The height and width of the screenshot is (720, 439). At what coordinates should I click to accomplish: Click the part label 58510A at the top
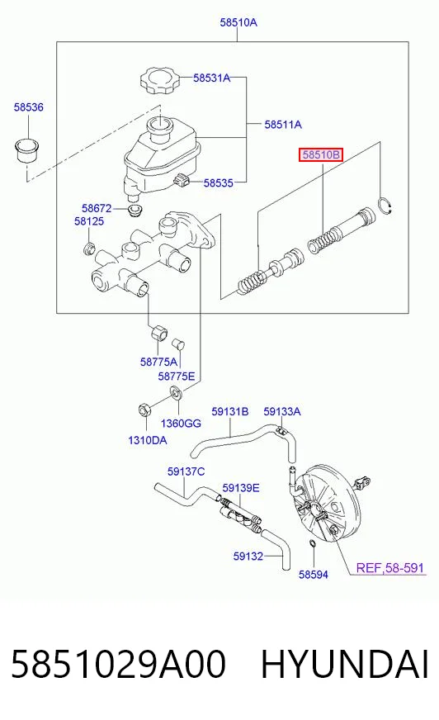coord(238,22)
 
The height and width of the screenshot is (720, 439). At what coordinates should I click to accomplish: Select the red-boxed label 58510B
coord(321,154)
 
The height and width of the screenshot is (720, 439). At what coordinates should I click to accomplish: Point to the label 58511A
coord(283,124)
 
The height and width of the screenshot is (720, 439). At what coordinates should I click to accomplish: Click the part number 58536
coord(28,107)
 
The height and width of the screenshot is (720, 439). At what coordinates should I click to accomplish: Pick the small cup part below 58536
coord(27,149)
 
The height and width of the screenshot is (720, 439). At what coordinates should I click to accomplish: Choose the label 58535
coord(219,182)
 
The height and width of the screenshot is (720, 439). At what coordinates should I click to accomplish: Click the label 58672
coord(97,208)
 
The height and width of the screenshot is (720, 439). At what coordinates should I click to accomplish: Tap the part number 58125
coord(89,221)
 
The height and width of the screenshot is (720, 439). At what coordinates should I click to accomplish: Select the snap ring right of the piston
coord(385,206)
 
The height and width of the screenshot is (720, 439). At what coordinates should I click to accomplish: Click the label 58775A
coord(158,362)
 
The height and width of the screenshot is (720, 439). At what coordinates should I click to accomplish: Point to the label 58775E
coord(177,377)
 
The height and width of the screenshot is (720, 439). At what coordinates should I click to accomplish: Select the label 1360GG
coord(181,423)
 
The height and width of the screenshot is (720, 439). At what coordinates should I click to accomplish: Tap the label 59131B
coord(230,411)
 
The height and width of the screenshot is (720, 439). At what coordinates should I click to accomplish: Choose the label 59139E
coord(241,488)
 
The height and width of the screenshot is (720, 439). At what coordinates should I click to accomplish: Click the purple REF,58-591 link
coord(390,568)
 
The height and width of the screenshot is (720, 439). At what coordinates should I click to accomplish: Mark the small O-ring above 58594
coord(313,543)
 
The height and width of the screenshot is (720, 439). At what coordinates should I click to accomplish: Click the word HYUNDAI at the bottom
coord(345,664)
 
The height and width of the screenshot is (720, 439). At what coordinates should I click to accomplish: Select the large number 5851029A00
coord(118,664)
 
